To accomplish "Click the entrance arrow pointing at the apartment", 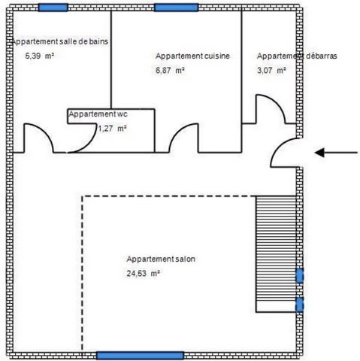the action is click(x=336, y=153).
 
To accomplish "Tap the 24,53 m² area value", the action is click(x=144, y=273).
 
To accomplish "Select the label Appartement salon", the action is click(x=161, y=259).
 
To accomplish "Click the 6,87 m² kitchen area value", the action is click(x=170, y=71).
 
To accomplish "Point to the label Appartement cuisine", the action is click(x=192, y=56).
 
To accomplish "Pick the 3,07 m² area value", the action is click(x=271, y=71).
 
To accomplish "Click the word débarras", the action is click(x=321, y=56).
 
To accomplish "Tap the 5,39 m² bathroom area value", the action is click(x=40, y=56).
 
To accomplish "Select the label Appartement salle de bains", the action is click(x=60, y=41).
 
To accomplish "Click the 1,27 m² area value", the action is click(x=112, y=129).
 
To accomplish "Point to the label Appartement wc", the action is click(x=98, y=114).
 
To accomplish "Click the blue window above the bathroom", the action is click(x=53, y=8).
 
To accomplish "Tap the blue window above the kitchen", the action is click(x=177, y=8).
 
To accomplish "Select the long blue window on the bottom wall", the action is click(x=140, y=355).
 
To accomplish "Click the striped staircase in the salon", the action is click(x=276, y=254).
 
